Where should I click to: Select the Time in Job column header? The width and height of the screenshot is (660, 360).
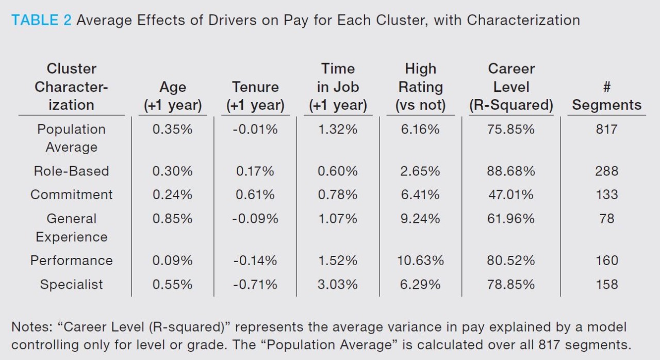[x=338, y=87]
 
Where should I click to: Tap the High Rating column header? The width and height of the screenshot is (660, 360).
[x=420, y=87]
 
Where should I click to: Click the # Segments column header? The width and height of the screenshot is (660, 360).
[x=606, y=96]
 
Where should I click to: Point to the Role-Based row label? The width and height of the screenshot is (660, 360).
[x=71, y=171]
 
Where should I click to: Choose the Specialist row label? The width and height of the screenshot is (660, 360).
[x=71, y=284]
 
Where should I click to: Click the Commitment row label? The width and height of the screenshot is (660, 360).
[x=71, y=195]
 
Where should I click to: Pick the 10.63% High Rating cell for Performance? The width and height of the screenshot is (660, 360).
[x=420, y=260]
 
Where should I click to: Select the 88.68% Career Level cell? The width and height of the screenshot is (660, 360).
[x=510, y=171]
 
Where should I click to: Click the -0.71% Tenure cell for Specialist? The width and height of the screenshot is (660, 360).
[x=255, y=284]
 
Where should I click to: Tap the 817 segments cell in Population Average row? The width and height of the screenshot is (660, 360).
[x=606, y=129]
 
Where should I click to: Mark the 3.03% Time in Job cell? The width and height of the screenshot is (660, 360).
[x=338, y=284]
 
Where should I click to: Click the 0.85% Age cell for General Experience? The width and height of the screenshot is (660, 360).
[x=172, y=219]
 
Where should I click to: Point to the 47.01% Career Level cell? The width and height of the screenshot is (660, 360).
[x=510, y=195]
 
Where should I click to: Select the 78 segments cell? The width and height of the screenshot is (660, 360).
[x=606, y=219]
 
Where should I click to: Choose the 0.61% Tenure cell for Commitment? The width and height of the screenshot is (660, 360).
[x=255, y=195]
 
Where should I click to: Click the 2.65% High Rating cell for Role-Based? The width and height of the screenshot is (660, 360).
[x=420, y=171]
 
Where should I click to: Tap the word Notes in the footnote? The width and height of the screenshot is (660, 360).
[x=31, y=327]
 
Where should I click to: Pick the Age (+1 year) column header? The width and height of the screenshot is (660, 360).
[x=172, y=96]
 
